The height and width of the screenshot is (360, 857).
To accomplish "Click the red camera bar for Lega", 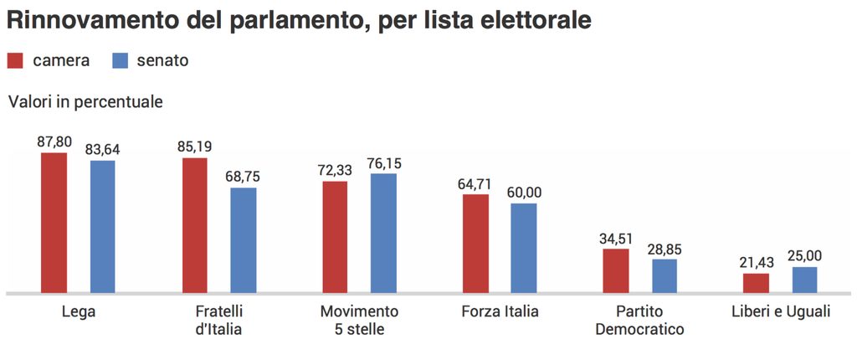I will click(x=54, y=223).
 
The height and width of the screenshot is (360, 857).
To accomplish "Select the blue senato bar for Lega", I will click(x=103, y=226).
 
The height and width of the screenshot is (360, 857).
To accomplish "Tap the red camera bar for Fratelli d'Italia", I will click(x=195, y=225).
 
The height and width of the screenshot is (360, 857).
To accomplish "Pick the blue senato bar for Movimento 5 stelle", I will click(x=384, y=233).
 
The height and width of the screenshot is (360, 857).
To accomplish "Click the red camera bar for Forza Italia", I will click(x=475, y=243).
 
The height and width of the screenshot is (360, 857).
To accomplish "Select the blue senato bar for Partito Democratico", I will click(x=665, y=275).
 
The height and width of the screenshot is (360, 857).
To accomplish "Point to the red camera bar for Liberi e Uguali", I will click(x=756, y=283).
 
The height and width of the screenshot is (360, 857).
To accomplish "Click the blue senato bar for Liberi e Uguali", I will click(x=804, y=280).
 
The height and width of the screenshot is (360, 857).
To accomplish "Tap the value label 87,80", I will click(x=54, y=141).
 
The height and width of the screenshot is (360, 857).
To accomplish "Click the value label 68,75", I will click(x=244, y=177).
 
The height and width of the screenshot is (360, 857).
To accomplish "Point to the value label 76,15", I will click(x=384, y=163).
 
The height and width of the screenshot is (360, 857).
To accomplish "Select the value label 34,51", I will click(x=616, y=238).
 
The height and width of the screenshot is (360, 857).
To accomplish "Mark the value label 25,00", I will click(x=804, y=256).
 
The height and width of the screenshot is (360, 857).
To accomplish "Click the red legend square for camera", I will click(x=16, y=60).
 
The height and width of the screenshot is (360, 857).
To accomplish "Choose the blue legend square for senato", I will click(x=121, y=60).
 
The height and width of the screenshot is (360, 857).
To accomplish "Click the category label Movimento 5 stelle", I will click(x=359, y=320).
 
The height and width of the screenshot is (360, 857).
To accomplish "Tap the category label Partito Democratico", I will click(x=640, y=320).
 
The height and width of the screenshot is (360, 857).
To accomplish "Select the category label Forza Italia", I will click(x=500, y=311).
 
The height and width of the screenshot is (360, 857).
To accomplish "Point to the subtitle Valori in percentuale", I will click(x=85, y=102).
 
